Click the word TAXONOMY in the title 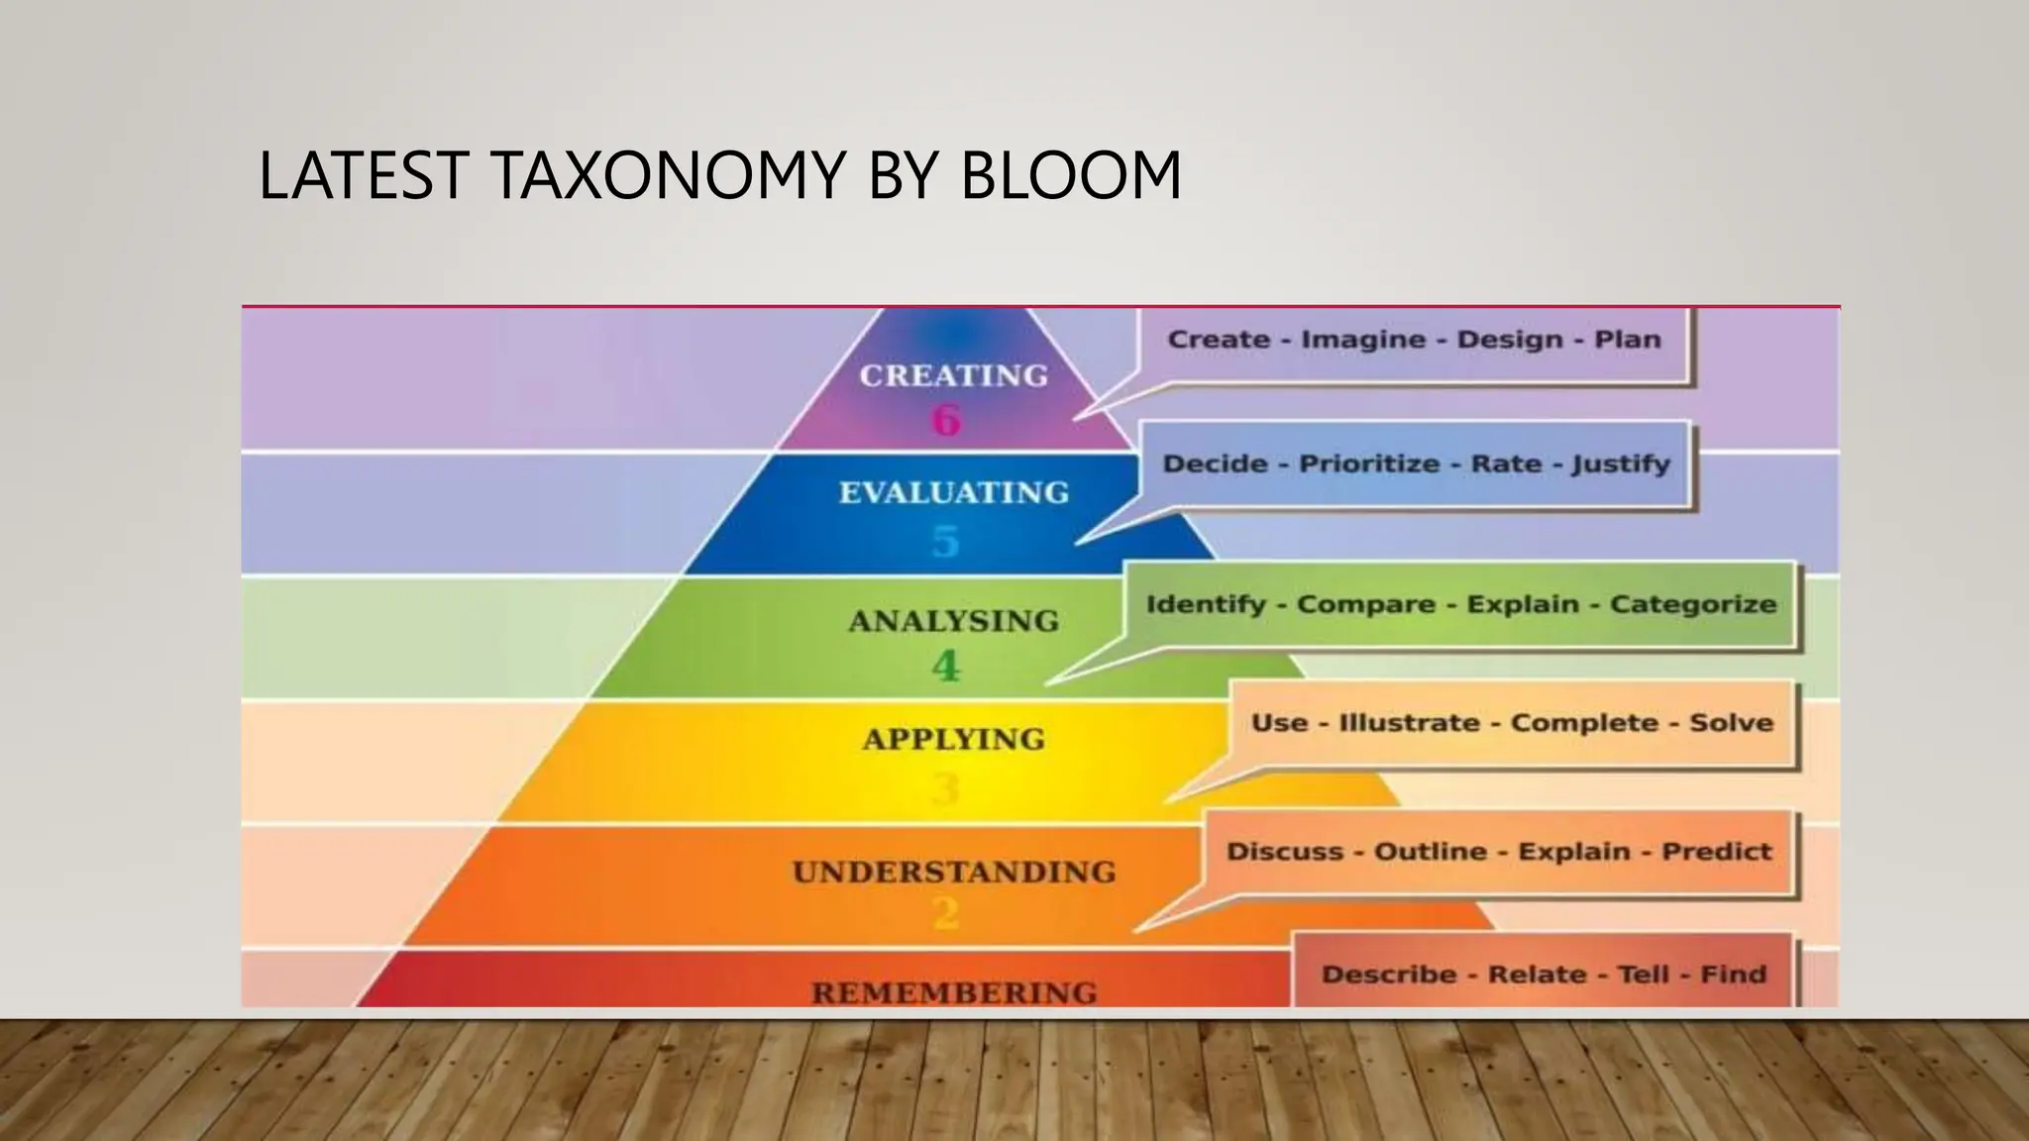[670, 175]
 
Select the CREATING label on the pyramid [953, 375]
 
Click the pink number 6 [946, 420]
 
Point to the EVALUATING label [954, 492]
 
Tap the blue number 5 [946, 542]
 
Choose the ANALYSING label [954, 621]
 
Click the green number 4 [946, 666]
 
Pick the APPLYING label [954, 739]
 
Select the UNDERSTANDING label [954, 872]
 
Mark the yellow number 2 [946, 912]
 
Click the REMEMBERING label [954, 992]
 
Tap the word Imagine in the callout [1362, 340]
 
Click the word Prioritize [1369, 464]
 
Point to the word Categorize [1693, 604]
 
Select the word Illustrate [1409, 723]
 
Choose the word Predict [1717, 852]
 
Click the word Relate [1537, 975]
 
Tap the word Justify [1621, 465]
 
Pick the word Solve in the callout [1731, 723]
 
